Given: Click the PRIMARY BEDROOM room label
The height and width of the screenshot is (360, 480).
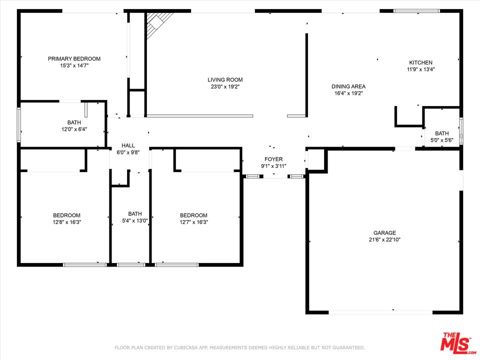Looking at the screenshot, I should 74,58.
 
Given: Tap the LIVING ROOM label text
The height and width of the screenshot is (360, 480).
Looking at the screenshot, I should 225,79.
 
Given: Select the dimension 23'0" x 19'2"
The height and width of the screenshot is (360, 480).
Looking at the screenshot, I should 225,86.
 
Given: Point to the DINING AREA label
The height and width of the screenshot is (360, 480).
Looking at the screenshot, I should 348,86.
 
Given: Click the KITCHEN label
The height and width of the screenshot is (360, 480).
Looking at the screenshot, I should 420,62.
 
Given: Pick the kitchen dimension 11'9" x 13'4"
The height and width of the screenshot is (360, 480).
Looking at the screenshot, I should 420,69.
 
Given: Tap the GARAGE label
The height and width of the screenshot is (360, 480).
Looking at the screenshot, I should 384,232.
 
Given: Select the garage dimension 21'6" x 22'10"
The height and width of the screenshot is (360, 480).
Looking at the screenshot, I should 384,239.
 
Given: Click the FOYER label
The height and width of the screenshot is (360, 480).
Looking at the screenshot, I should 273,159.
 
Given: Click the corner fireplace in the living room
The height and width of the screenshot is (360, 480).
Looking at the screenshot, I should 157,23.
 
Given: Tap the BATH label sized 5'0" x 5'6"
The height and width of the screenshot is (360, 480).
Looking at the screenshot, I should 441,133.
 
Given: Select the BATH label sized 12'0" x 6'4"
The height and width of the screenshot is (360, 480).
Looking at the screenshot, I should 74,122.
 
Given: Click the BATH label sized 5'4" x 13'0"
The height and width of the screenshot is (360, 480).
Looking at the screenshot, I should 135,213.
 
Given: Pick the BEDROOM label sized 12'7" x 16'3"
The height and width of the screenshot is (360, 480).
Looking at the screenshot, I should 193,215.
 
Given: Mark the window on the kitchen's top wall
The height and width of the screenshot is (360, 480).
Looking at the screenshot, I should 416,11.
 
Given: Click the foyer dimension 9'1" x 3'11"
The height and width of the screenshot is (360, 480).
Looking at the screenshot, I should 273,166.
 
